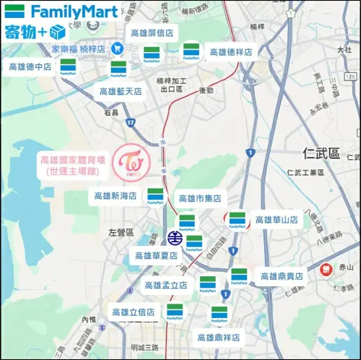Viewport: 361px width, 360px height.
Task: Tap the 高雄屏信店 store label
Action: (152, 33)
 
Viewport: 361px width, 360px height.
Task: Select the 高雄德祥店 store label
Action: (231, 52)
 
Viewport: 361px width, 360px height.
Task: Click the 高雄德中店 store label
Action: (30, 67)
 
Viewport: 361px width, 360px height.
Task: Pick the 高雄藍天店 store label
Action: (121, 92)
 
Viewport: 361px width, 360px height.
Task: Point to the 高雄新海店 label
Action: (116, 196)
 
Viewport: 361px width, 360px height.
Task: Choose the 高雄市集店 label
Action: (199, 198)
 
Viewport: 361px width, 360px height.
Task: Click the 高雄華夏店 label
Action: (156, 255)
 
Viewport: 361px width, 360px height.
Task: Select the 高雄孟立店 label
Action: (166, 286)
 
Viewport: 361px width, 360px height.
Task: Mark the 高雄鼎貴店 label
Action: (282, 276)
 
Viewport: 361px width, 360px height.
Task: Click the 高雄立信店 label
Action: (133, 312)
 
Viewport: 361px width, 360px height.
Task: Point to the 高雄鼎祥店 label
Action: (219, 337)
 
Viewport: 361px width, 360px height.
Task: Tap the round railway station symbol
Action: (175, 237)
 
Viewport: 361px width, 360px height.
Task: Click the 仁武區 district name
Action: (321, 154)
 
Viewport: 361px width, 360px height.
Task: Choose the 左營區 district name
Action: (121, 233)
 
